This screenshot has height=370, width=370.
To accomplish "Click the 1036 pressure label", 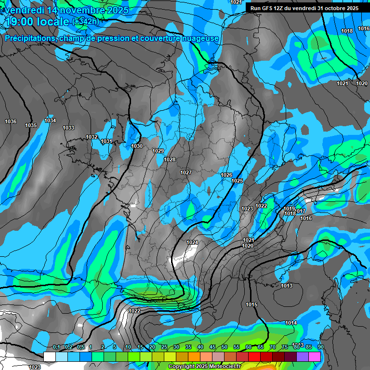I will [x=10, y=121].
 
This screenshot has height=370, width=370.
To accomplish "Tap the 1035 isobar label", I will [x=31, y=125].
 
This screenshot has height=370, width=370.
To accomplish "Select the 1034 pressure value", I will [x=50, y=120].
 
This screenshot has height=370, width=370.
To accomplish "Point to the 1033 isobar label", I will [x=68, y=128].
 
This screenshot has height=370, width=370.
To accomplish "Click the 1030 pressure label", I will [x=137, y=146].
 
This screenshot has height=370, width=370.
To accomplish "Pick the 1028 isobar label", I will [x=170, y=159].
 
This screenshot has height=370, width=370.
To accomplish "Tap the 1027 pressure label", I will [x=186, y=172].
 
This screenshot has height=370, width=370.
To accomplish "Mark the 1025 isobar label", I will [x=237, y=181].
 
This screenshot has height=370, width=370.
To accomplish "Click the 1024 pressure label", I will [x=192, y=242].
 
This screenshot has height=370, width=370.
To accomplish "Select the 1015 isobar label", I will [x=251, y=304].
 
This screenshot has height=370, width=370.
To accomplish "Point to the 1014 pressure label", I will [x=291, y=323].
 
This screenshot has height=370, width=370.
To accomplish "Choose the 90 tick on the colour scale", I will [x=321, y=347].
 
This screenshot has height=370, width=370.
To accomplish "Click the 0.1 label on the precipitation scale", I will [x=56, y=347].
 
